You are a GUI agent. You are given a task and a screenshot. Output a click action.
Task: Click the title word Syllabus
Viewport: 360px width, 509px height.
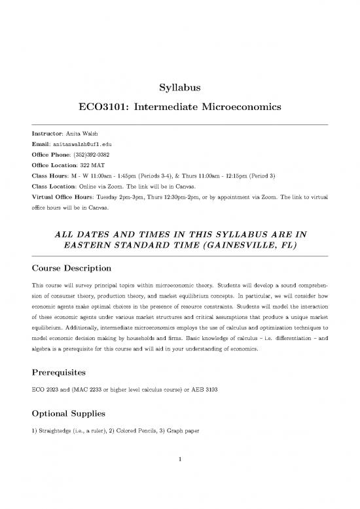click(x=179, y=87)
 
